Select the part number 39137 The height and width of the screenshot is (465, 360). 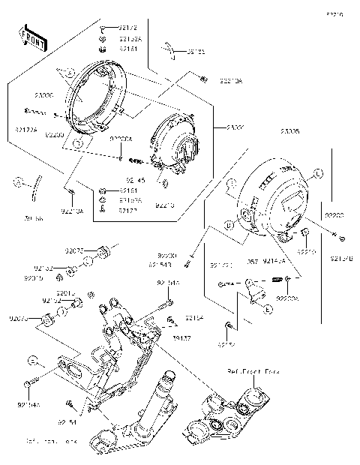coord(181,338)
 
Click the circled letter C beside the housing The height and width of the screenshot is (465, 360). coord(317,173)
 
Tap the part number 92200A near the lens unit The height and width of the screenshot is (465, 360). coord(121,139)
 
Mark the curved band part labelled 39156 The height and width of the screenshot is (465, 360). coord(34,196)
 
